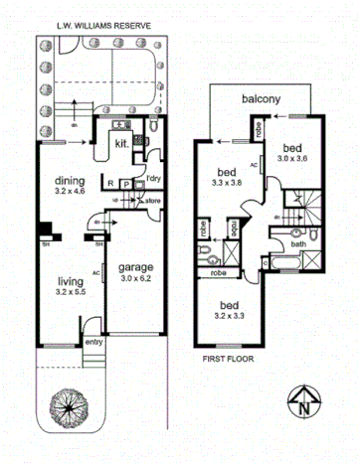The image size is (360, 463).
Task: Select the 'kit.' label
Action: (121, 143)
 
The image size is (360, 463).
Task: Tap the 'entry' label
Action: (94, 342)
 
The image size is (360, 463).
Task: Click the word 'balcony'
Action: (262, 99)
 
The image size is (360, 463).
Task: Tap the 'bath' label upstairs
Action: (298, 243)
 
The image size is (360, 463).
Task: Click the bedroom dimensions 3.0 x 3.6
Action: (295, 158)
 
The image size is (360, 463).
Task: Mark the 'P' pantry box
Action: (126, 184)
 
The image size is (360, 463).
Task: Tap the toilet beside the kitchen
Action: (156, 129)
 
